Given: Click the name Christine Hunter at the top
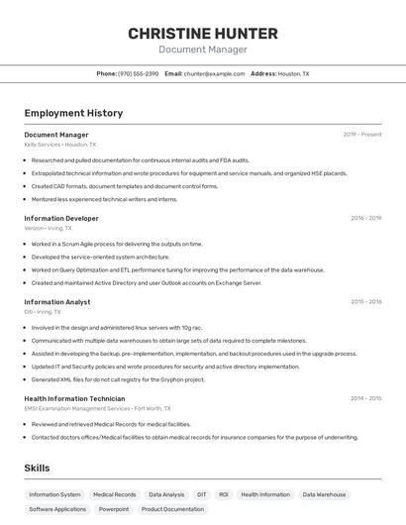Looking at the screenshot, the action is click(203, 33).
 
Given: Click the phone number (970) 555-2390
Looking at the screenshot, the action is click(138, 73).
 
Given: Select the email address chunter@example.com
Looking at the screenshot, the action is click(215, 73).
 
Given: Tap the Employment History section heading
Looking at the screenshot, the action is click(73, 113).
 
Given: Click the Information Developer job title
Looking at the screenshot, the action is click(61, 218).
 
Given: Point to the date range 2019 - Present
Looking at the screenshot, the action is click(362, 135).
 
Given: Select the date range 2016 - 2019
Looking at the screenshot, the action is click(365, 218).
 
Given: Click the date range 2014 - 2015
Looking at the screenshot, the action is click(365, 398).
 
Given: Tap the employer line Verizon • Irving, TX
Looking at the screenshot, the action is click(48, 228).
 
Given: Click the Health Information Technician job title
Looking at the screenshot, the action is click(74, 398).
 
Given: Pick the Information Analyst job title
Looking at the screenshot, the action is click(57, 302).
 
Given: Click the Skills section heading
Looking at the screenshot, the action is click(38, 468).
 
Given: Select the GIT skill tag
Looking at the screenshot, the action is click(202, 494).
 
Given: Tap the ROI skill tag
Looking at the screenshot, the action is click(224, 494).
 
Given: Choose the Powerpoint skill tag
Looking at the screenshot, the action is click(114, 509).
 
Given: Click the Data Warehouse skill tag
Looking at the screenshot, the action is click(325, 494).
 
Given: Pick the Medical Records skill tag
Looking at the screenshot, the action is click(115, 494).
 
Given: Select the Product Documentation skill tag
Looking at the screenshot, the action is click(172, 509).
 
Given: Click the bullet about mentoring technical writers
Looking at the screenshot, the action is click(104, 199).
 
